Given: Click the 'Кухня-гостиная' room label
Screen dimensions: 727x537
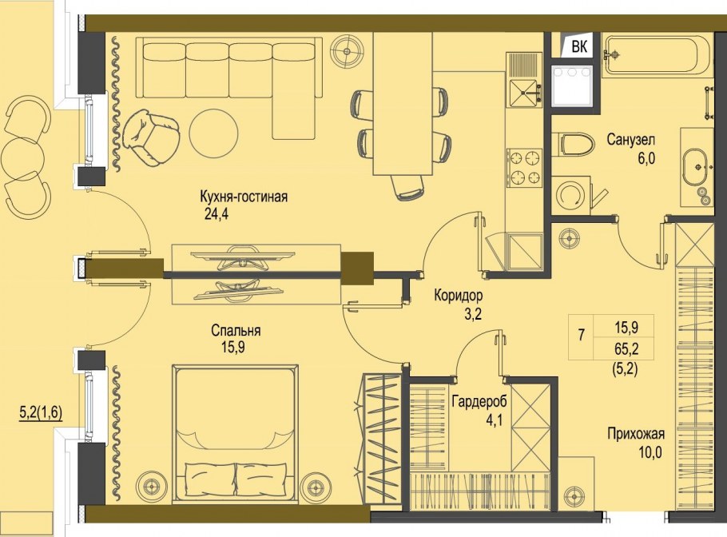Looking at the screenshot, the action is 244,197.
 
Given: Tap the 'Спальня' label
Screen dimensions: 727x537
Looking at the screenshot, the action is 236,331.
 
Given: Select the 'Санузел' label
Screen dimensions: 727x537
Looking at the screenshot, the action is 631,140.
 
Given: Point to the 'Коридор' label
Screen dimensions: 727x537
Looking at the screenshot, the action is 458,296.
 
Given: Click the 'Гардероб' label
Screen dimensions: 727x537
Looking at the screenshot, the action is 479,401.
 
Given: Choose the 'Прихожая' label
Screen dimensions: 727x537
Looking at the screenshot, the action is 636,434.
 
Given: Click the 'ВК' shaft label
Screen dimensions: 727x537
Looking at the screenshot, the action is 579,47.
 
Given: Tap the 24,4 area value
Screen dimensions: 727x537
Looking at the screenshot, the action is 216,214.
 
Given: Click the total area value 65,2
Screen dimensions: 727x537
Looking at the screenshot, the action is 626,348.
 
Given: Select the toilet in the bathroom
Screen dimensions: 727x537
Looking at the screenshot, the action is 573,143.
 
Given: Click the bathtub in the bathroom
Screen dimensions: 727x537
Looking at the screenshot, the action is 656,55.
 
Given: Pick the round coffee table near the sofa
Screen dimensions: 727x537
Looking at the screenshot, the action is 214,135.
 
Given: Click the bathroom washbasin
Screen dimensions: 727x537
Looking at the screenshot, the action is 695,167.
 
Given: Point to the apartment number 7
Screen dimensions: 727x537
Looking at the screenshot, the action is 581,335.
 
